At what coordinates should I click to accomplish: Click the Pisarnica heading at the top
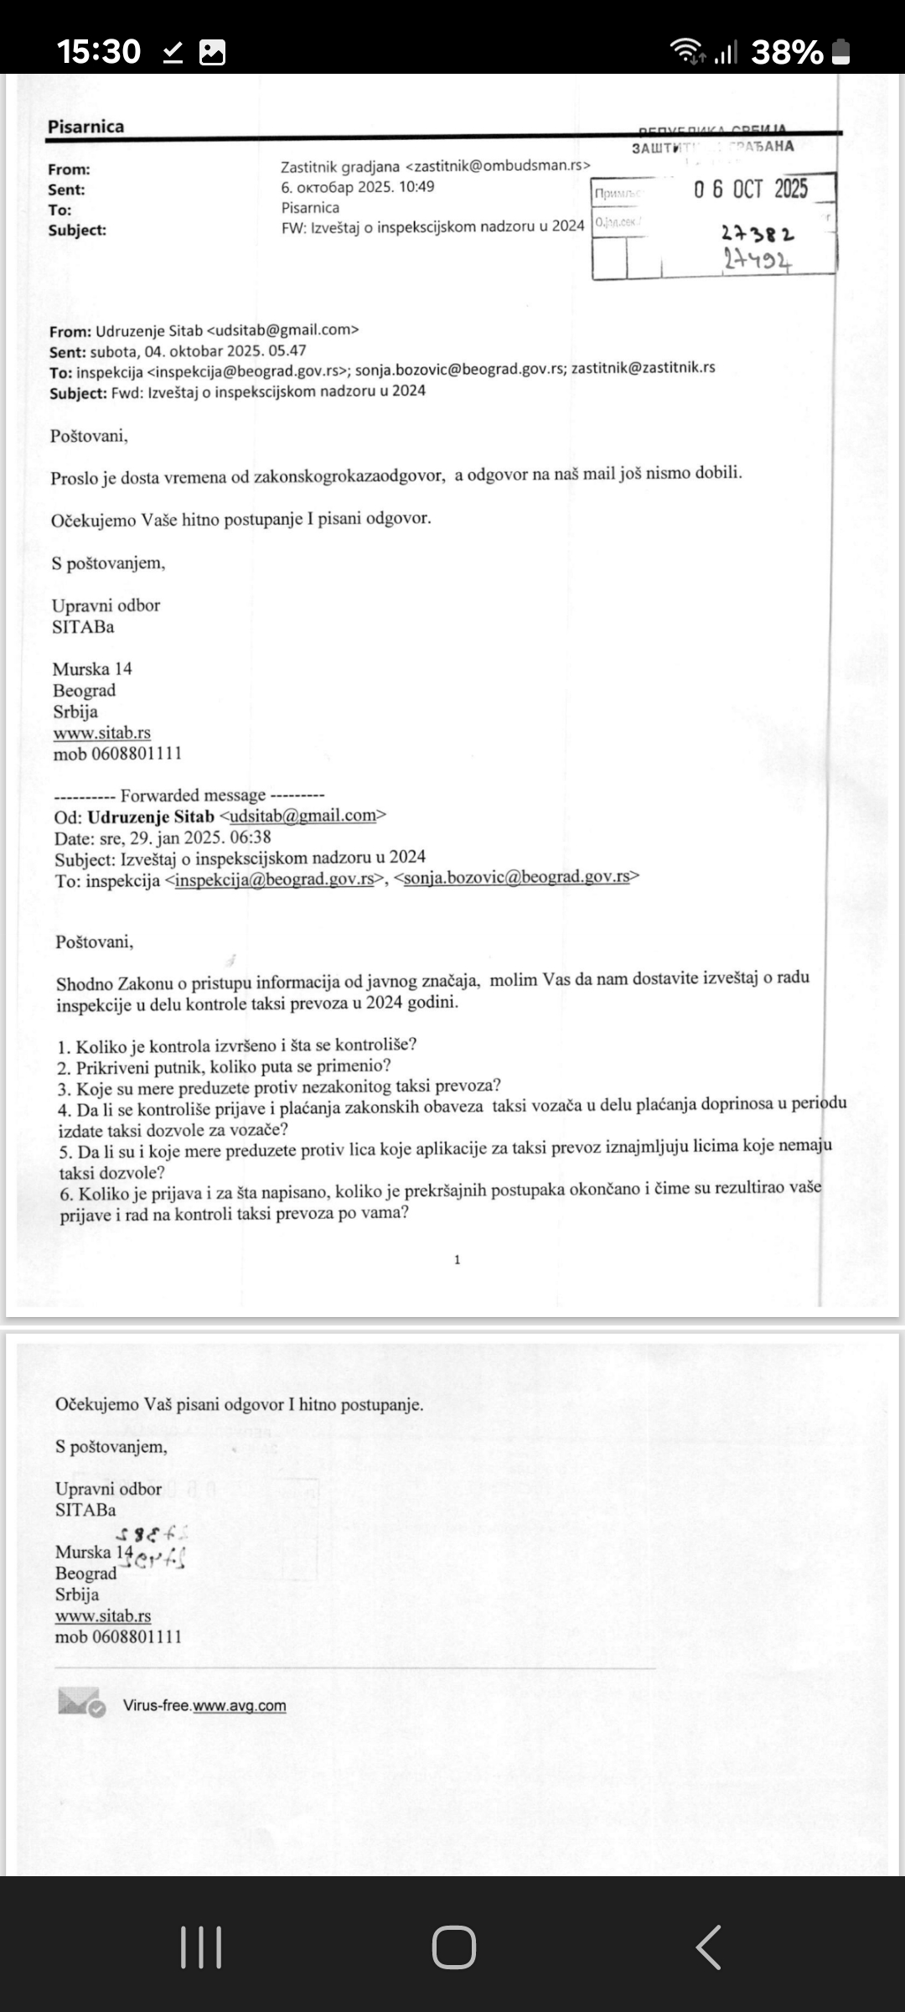[85, 127]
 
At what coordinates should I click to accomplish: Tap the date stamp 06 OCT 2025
[750, 189]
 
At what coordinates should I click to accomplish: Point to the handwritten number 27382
[758, 234]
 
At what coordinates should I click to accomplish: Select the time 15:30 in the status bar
[98, 52]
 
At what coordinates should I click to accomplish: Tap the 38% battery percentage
[787, 53]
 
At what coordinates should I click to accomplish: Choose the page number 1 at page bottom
[457, 1259]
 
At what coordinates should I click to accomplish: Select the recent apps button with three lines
[201, 1947]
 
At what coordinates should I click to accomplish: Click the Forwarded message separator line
[189, 795]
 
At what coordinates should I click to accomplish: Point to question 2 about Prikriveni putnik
[224, 1066]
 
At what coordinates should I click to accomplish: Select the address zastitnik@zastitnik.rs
[643, 367]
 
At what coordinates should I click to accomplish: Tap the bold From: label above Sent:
[69, 169]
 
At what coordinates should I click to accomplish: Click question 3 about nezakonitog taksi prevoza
[279, 1088]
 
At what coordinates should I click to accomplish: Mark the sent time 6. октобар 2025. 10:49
[358, 187]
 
